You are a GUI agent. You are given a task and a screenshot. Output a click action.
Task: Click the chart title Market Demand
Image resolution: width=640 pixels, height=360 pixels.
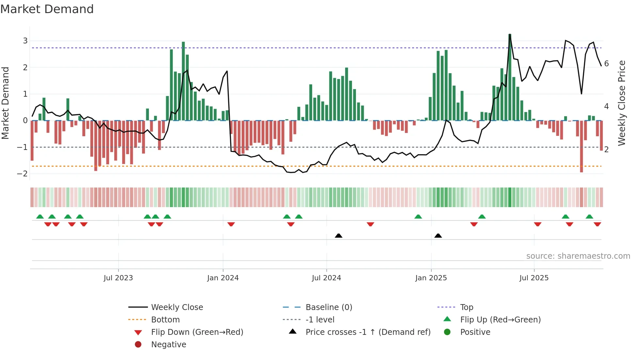[x=47, y=9]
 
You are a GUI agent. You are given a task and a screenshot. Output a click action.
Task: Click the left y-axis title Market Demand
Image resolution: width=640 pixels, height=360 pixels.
[x=6, y=103]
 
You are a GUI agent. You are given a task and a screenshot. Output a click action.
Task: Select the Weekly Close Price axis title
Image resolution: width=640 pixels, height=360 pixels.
[x=622, y=103]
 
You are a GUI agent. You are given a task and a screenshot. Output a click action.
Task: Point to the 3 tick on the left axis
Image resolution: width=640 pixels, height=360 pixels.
[x=25, y=41]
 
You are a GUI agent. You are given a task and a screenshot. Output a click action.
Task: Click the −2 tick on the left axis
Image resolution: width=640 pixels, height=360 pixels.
[x=23, y=174]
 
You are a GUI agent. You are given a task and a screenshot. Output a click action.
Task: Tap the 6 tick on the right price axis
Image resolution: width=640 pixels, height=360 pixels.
[x=606, y=64]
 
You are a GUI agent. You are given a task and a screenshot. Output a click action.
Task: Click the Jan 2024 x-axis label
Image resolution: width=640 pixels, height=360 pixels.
[x=223, y=278]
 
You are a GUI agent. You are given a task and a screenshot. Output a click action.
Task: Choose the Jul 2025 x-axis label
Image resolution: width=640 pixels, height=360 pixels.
[x=534, y=278]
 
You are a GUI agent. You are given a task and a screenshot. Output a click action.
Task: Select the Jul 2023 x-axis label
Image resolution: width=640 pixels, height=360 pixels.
[x=118, y=278]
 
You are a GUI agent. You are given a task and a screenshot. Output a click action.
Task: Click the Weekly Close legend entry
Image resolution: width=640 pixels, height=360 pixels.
[x=177, y=307]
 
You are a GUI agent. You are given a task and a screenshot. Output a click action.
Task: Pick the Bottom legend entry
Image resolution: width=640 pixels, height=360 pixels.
[x=165, y=320]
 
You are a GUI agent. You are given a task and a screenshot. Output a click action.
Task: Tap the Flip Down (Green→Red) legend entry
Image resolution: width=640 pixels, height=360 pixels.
[x=197, y=332]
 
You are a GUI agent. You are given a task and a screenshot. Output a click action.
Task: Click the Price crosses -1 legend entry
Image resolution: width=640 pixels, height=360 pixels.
[x=368, y=332]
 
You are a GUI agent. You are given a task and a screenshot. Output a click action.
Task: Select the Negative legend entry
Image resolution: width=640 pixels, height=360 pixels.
[x=168, y=345]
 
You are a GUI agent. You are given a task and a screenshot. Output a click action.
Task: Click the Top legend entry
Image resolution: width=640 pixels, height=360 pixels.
[x=467, y=307]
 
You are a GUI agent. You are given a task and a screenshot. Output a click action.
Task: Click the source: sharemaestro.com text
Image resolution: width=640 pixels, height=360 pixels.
[x=578, y=256]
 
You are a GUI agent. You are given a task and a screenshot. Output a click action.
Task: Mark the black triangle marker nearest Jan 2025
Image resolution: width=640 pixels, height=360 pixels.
[x=438, y=236]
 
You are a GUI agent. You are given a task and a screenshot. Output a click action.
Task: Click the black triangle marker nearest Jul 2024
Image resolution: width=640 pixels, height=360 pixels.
[x=339, y=236]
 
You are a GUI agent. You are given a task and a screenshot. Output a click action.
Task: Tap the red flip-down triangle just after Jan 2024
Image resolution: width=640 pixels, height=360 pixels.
[x=231, y=224]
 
